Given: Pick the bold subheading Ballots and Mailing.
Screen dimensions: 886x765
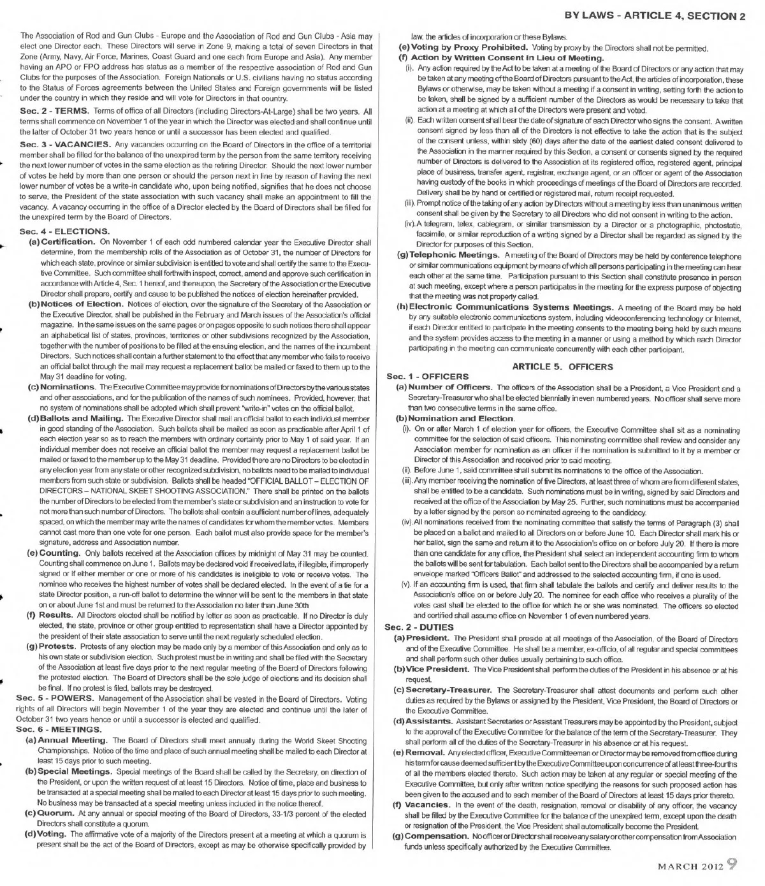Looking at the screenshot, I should coord(82,418).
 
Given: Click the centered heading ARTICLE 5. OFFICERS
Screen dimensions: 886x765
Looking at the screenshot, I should coord(563,367).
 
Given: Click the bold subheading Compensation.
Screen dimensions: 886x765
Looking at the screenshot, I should coord(437,836).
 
